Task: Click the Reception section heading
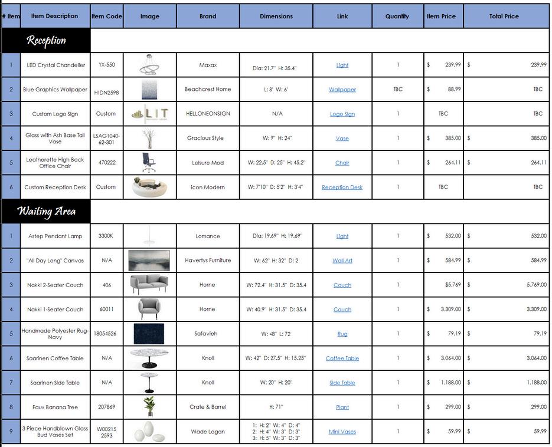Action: [x=46, y=41]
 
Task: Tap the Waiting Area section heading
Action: [x=46, y=211]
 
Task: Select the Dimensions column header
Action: [x=276, y=17]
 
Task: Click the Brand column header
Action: [x=208, y=17]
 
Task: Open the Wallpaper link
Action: [x=342, y=90]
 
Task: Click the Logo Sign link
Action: [x=342, y=114]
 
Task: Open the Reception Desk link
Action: [x=342, y=188]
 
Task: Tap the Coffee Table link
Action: [x=342, y=359]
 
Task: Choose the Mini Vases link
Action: [x=342, y=432]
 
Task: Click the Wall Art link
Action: [x=342, y=261]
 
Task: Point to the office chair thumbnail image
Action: [x=148, y=163]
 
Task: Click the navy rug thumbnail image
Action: [x=149, y=334]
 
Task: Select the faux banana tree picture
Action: [x=149, y=407]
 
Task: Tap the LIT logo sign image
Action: [x=149, y=114]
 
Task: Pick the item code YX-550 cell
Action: [x=107, y=65]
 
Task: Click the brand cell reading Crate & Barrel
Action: [x=208, y=407]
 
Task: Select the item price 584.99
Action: [x=453, y=261]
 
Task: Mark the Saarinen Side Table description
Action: [x=55, y=383]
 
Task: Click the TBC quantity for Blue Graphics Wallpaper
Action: [x=398, y=90]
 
